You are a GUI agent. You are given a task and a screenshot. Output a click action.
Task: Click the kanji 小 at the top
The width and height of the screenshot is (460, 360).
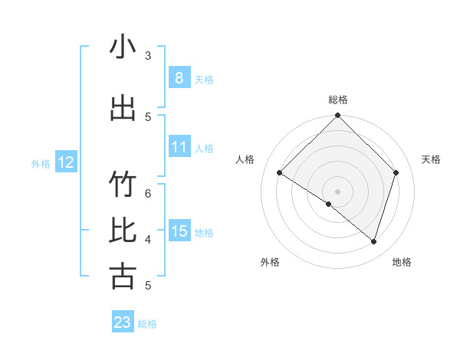tap(123, 47)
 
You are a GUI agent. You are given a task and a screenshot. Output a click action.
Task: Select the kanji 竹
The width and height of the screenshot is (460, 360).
tap(123, 185)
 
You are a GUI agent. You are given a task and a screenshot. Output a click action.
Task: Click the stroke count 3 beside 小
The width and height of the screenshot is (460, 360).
tap(148, 56)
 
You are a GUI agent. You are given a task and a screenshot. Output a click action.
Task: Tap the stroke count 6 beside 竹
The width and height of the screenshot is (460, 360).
tap(148, 193)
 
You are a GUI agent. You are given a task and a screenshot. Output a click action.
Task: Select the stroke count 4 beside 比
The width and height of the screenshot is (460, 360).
tap(148, 239)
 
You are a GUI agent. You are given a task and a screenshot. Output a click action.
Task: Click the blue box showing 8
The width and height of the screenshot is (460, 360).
tap(179, 77)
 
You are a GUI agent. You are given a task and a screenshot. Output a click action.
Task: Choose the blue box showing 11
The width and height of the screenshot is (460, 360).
tap(179, 147)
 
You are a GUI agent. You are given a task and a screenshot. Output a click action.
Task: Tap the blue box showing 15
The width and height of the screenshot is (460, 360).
tap(179, 231)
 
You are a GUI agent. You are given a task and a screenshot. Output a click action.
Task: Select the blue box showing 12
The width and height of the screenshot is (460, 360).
tap(65, 162)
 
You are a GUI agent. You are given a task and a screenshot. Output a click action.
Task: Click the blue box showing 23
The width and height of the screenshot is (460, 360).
tap(123, 322)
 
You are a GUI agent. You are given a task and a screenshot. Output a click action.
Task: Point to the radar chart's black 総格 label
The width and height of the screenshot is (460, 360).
tap(338, 100)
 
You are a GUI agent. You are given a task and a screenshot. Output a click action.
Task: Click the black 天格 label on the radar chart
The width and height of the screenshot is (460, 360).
tap(432, 159)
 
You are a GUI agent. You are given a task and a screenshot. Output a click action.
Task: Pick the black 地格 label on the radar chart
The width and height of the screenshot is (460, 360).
tap(402, 262)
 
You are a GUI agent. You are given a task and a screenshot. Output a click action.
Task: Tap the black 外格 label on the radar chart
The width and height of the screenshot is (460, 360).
tap(270, 262)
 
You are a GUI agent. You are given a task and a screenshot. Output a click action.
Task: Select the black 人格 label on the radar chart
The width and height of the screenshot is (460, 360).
tap(245, 159)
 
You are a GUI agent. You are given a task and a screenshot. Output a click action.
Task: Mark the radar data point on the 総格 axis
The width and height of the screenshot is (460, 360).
tap(338, 116)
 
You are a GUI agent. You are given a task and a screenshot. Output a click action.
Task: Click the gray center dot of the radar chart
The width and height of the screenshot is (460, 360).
tap(338, 191)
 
